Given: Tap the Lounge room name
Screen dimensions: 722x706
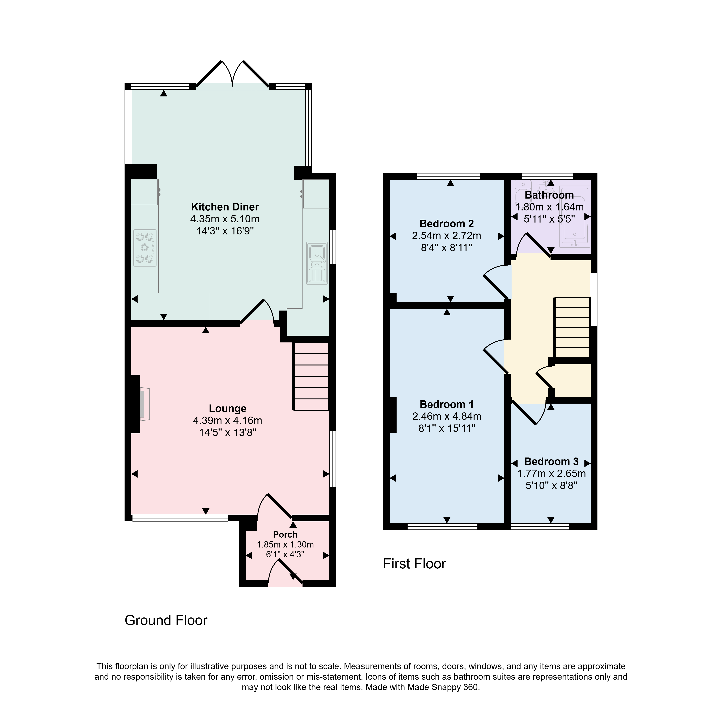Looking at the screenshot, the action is [x=228, y=409].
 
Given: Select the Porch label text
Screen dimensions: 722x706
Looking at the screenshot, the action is [x=285, y=535].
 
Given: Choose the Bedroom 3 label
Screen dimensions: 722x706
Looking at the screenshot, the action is [x=551, y=462].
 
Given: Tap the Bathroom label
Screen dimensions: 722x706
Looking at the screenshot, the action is [x=549, y=195].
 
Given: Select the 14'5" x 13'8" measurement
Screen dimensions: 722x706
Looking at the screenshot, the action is [x=228, y=432].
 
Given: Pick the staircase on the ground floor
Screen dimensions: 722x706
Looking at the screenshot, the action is [x=311, y=376].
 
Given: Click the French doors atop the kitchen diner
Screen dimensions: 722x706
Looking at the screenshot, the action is [x=232, y=73].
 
